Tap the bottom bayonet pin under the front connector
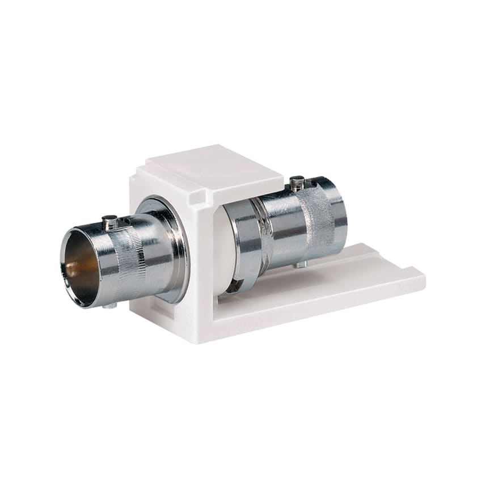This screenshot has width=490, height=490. pos(111,305)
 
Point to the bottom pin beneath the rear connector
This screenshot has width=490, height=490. pos(301,264)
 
